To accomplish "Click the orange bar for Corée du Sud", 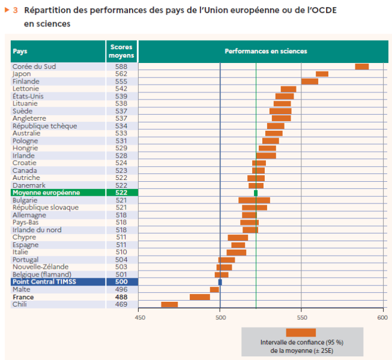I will [x=361, y=67].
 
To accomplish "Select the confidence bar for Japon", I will [x=322, y=74].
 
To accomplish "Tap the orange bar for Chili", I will [x=169, y=304].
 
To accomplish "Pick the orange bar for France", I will [x=199, y=297].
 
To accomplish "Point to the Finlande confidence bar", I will [x=309, y=82].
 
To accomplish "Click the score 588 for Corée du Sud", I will [x=121, y=67].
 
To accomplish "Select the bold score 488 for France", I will [x=121, y=297].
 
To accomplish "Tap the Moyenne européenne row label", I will [x=46, y=193].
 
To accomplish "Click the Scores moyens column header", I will [x=121, y=52].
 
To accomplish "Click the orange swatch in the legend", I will [x=301, y=332].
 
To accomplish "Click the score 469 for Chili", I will [x=121, y=304].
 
